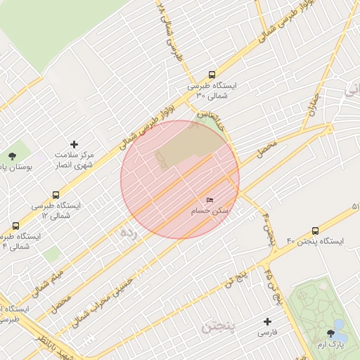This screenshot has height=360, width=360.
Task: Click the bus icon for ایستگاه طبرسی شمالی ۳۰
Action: pos(212,75)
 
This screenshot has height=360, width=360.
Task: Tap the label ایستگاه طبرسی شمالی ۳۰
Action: pos(212,89)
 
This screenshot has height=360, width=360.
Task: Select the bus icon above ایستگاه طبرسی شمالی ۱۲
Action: pos(56,195)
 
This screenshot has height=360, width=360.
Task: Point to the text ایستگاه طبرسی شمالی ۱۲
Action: pos(56,210)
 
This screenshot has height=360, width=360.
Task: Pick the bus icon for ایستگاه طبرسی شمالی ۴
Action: pos(15,226)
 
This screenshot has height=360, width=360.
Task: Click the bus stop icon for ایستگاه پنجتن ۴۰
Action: pos(314,231)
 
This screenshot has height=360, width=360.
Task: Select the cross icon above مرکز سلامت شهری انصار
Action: pos(75,143)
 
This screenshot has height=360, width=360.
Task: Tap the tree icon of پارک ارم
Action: pos(330,333)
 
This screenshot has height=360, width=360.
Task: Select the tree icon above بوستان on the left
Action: pos(11,156)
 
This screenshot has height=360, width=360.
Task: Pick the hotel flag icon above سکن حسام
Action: pos(210,200)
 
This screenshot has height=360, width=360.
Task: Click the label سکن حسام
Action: pos(210,211)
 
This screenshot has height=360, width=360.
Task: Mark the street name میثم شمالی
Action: pos(48,278)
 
